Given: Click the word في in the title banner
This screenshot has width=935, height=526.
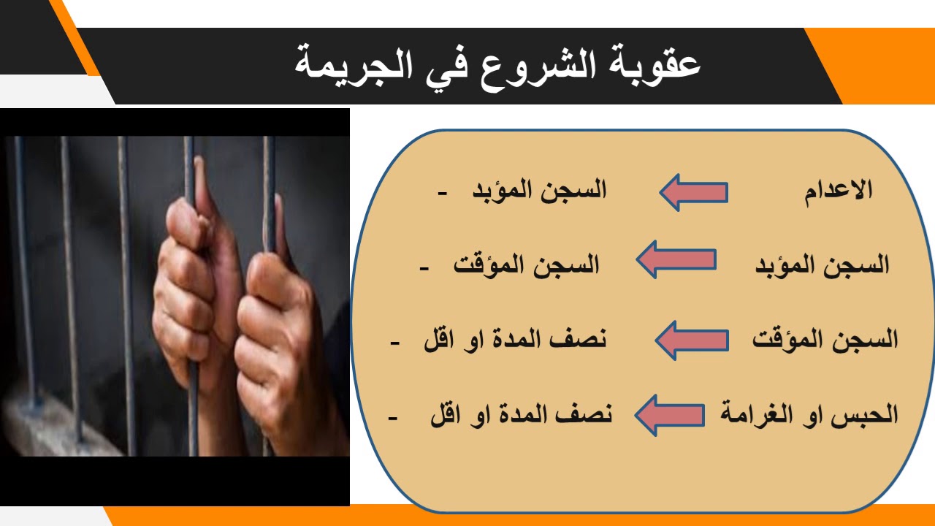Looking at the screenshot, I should click(454, 65).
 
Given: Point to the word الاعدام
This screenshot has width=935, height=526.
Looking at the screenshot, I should click(839, 191).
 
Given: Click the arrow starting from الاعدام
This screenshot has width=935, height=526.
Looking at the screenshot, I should click(693, 192).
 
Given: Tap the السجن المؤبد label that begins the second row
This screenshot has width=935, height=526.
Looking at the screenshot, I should click(822, 264).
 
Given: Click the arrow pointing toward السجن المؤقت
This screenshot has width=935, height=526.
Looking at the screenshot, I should click(676, 259).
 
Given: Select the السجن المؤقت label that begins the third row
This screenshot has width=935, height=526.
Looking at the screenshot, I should click(825, 340).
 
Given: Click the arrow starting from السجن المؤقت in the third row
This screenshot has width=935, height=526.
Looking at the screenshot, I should click(691, 340).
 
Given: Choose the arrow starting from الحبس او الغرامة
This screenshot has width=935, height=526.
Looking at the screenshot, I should click(669, 415).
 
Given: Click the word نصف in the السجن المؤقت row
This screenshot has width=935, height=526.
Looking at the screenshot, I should click(581, 340).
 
